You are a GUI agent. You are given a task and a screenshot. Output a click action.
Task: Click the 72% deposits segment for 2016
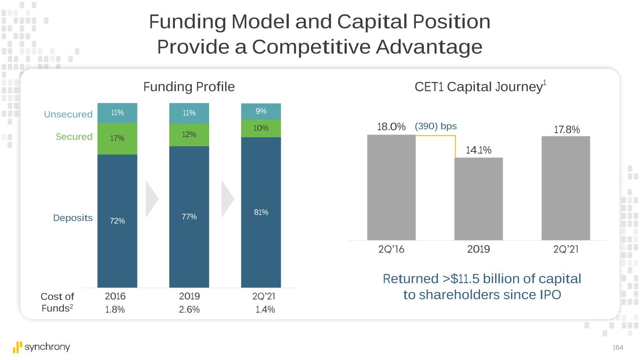117,221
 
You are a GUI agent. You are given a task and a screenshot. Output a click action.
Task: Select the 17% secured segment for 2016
117,138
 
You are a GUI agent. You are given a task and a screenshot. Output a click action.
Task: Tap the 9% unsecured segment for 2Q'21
261,111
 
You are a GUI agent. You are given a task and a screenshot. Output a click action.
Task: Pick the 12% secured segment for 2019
189,135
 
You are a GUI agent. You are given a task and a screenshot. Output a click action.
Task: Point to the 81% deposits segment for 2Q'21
261,212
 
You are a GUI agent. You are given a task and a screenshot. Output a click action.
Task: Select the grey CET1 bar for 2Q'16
391,187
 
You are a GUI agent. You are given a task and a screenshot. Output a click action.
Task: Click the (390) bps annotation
436,127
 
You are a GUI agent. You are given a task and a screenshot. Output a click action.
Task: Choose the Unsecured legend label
68,114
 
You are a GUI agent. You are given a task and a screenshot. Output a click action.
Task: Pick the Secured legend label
74,136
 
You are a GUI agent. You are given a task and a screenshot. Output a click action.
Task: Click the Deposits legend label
73,218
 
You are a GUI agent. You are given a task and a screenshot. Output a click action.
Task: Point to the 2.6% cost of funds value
189,309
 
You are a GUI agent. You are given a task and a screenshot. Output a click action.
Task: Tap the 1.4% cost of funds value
265,309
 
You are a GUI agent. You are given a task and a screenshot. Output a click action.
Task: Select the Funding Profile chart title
188,87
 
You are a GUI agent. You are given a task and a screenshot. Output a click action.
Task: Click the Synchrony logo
42,347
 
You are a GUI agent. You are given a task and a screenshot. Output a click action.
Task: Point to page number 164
618,347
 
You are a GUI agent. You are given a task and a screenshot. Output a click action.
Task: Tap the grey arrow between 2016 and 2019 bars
152,198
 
